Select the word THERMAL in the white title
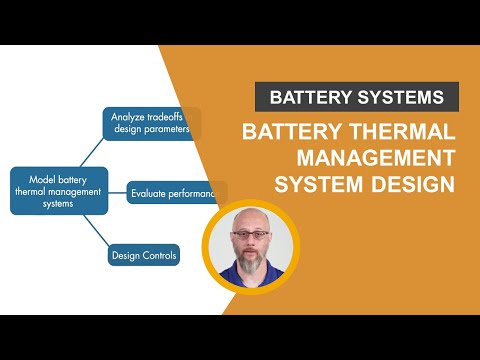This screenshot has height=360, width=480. click(x=405, y=133)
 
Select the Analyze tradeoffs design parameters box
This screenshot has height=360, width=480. click(x=151, y=122)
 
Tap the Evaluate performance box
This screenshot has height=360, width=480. click(x=176, y=194)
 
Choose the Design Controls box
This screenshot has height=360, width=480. click(x=144, y=256)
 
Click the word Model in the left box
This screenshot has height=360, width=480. click(x=30, y=175)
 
